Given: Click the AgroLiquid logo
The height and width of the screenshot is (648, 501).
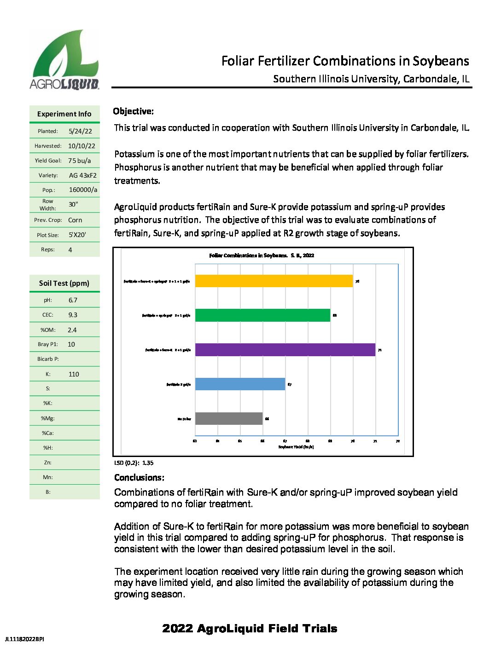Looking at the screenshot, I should click(x=64, y=59).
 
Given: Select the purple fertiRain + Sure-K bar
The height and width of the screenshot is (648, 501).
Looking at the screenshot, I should click(x=285, y=350).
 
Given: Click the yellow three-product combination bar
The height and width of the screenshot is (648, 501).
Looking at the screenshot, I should click(x=274, y=281).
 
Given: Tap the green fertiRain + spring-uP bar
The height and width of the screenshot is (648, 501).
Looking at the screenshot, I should click(x=262, y=315).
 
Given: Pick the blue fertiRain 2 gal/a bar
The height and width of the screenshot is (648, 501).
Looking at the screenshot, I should click(x=240, y=384).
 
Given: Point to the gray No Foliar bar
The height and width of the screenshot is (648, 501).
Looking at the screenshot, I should click(x=229, y=418).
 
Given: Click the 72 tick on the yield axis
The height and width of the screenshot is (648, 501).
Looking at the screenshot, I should click(x=398, y=441).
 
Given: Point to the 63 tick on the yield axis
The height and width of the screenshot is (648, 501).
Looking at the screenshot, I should click(x=195, y=441).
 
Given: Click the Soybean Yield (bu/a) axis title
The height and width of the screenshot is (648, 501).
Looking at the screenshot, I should click(x=296, y=447).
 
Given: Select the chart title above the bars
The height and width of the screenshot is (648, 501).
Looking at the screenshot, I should click(x=262, y=255).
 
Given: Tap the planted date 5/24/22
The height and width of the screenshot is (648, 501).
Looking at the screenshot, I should click(x=80, y=131).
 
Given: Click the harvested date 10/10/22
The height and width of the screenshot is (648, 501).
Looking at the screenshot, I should click(x=82, y=146).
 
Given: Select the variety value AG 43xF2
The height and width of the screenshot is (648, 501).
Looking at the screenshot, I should click(x=83, y=175).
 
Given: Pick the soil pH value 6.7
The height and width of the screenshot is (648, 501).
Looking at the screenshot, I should click(x=73, y=300).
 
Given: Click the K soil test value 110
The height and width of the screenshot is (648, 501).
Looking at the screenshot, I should click(x=74, y=374).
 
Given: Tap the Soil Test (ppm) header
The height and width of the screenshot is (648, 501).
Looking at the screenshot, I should click(x=64, y=283).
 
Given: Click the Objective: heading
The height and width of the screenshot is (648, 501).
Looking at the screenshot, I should click(x=134, y=111).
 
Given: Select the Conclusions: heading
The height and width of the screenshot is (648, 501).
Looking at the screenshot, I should click(x=139, y=478).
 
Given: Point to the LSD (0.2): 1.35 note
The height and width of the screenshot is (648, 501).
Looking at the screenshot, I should click(x=134, y=463).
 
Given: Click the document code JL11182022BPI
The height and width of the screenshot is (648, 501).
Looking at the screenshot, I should click(x=24, y=639).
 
